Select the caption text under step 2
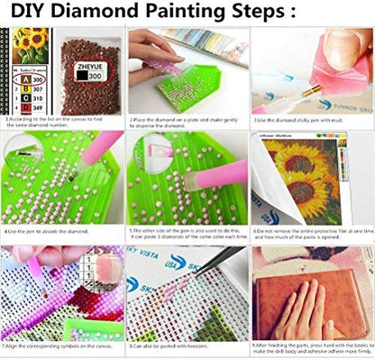187,123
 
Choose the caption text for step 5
187,235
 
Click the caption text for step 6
312,235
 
